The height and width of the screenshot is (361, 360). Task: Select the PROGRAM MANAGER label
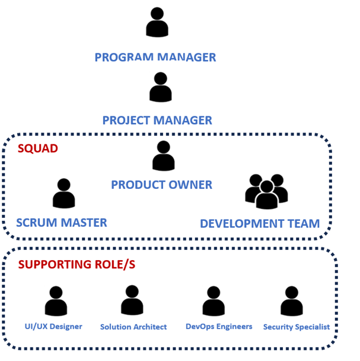click(x=155, y=58)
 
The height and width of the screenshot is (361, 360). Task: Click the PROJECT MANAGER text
click(x=157, y=121)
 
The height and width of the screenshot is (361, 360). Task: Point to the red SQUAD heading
click(x=38, y=148)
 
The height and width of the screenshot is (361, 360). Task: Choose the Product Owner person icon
click(x=163, y=156)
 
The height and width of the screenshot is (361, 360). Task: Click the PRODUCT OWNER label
click(x=161, y=185)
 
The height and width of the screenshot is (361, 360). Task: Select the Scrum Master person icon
click(x=63, y=194)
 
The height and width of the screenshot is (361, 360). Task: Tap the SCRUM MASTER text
click(x=62, y=223)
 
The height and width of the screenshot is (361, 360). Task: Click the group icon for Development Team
click(x=266, y=192)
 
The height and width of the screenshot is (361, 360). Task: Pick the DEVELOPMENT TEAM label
click(x=260, y=224)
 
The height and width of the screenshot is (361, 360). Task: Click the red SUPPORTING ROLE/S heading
click(x=77, y=264)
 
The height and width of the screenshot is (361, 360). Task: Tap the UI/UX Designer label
click(x=53, y=327)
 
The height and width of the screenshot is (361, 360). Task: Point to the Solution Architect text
click(x=133, y=327)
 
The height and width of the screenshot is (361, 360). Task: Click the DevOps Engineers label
click(x=219, y=327)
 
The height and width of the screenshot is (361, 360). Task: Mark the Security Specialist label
click(x=297, y=327)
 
